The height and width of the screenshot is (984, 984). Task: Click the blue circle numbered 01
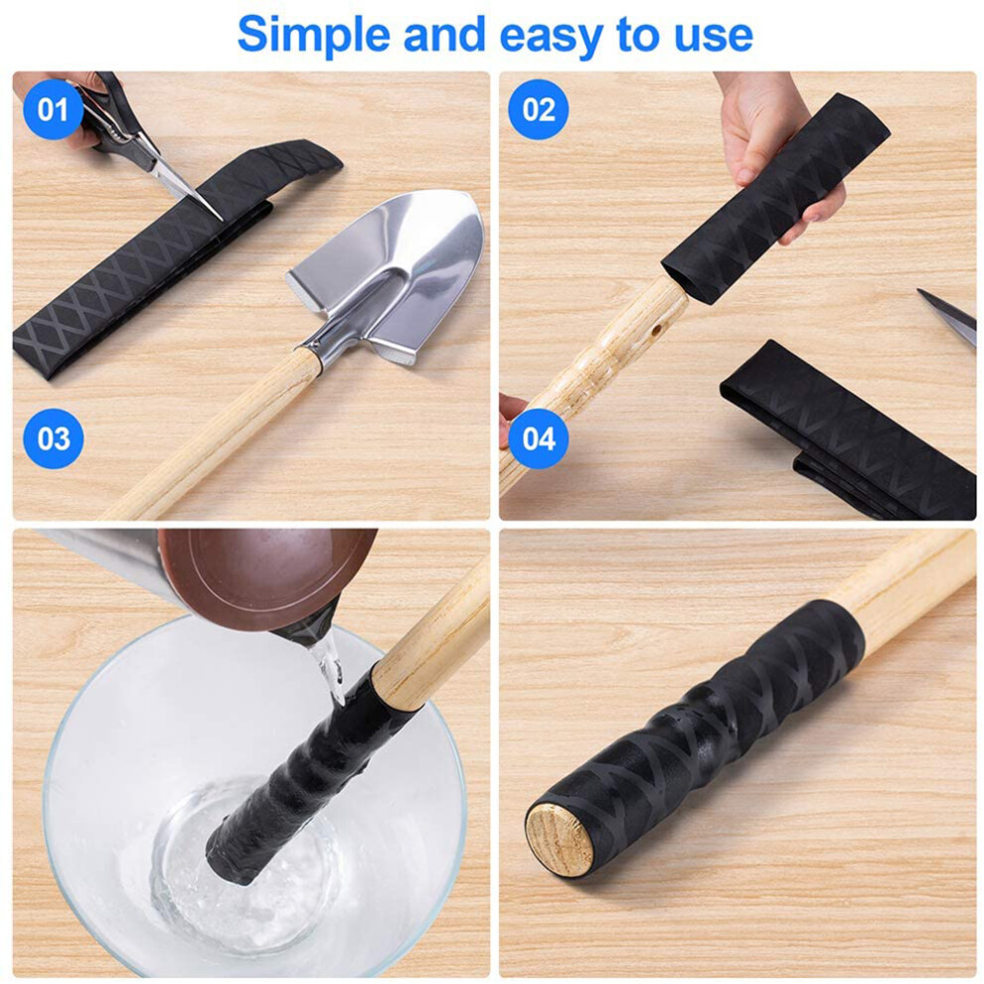pos(54,109)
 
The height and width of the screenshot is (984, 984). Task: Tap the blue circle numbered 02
pos(539,109)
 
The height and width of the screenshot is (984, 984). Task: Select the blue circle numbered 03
pos(54,438)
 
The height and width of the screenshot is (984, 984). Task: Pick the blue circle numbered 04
pos(539,438)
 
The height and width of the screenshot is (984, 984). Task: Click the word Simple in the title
pos(314,36)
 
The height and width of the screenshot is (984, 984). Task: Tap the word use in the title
pos(714,37)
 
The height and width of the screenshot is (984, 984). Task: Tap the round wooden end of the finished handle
pos(559,840)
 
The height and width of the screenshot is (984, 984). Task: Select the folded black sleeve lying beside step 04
pos(847,433)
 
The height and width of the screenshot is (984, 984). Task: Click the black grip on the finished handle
pos(697,735)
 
